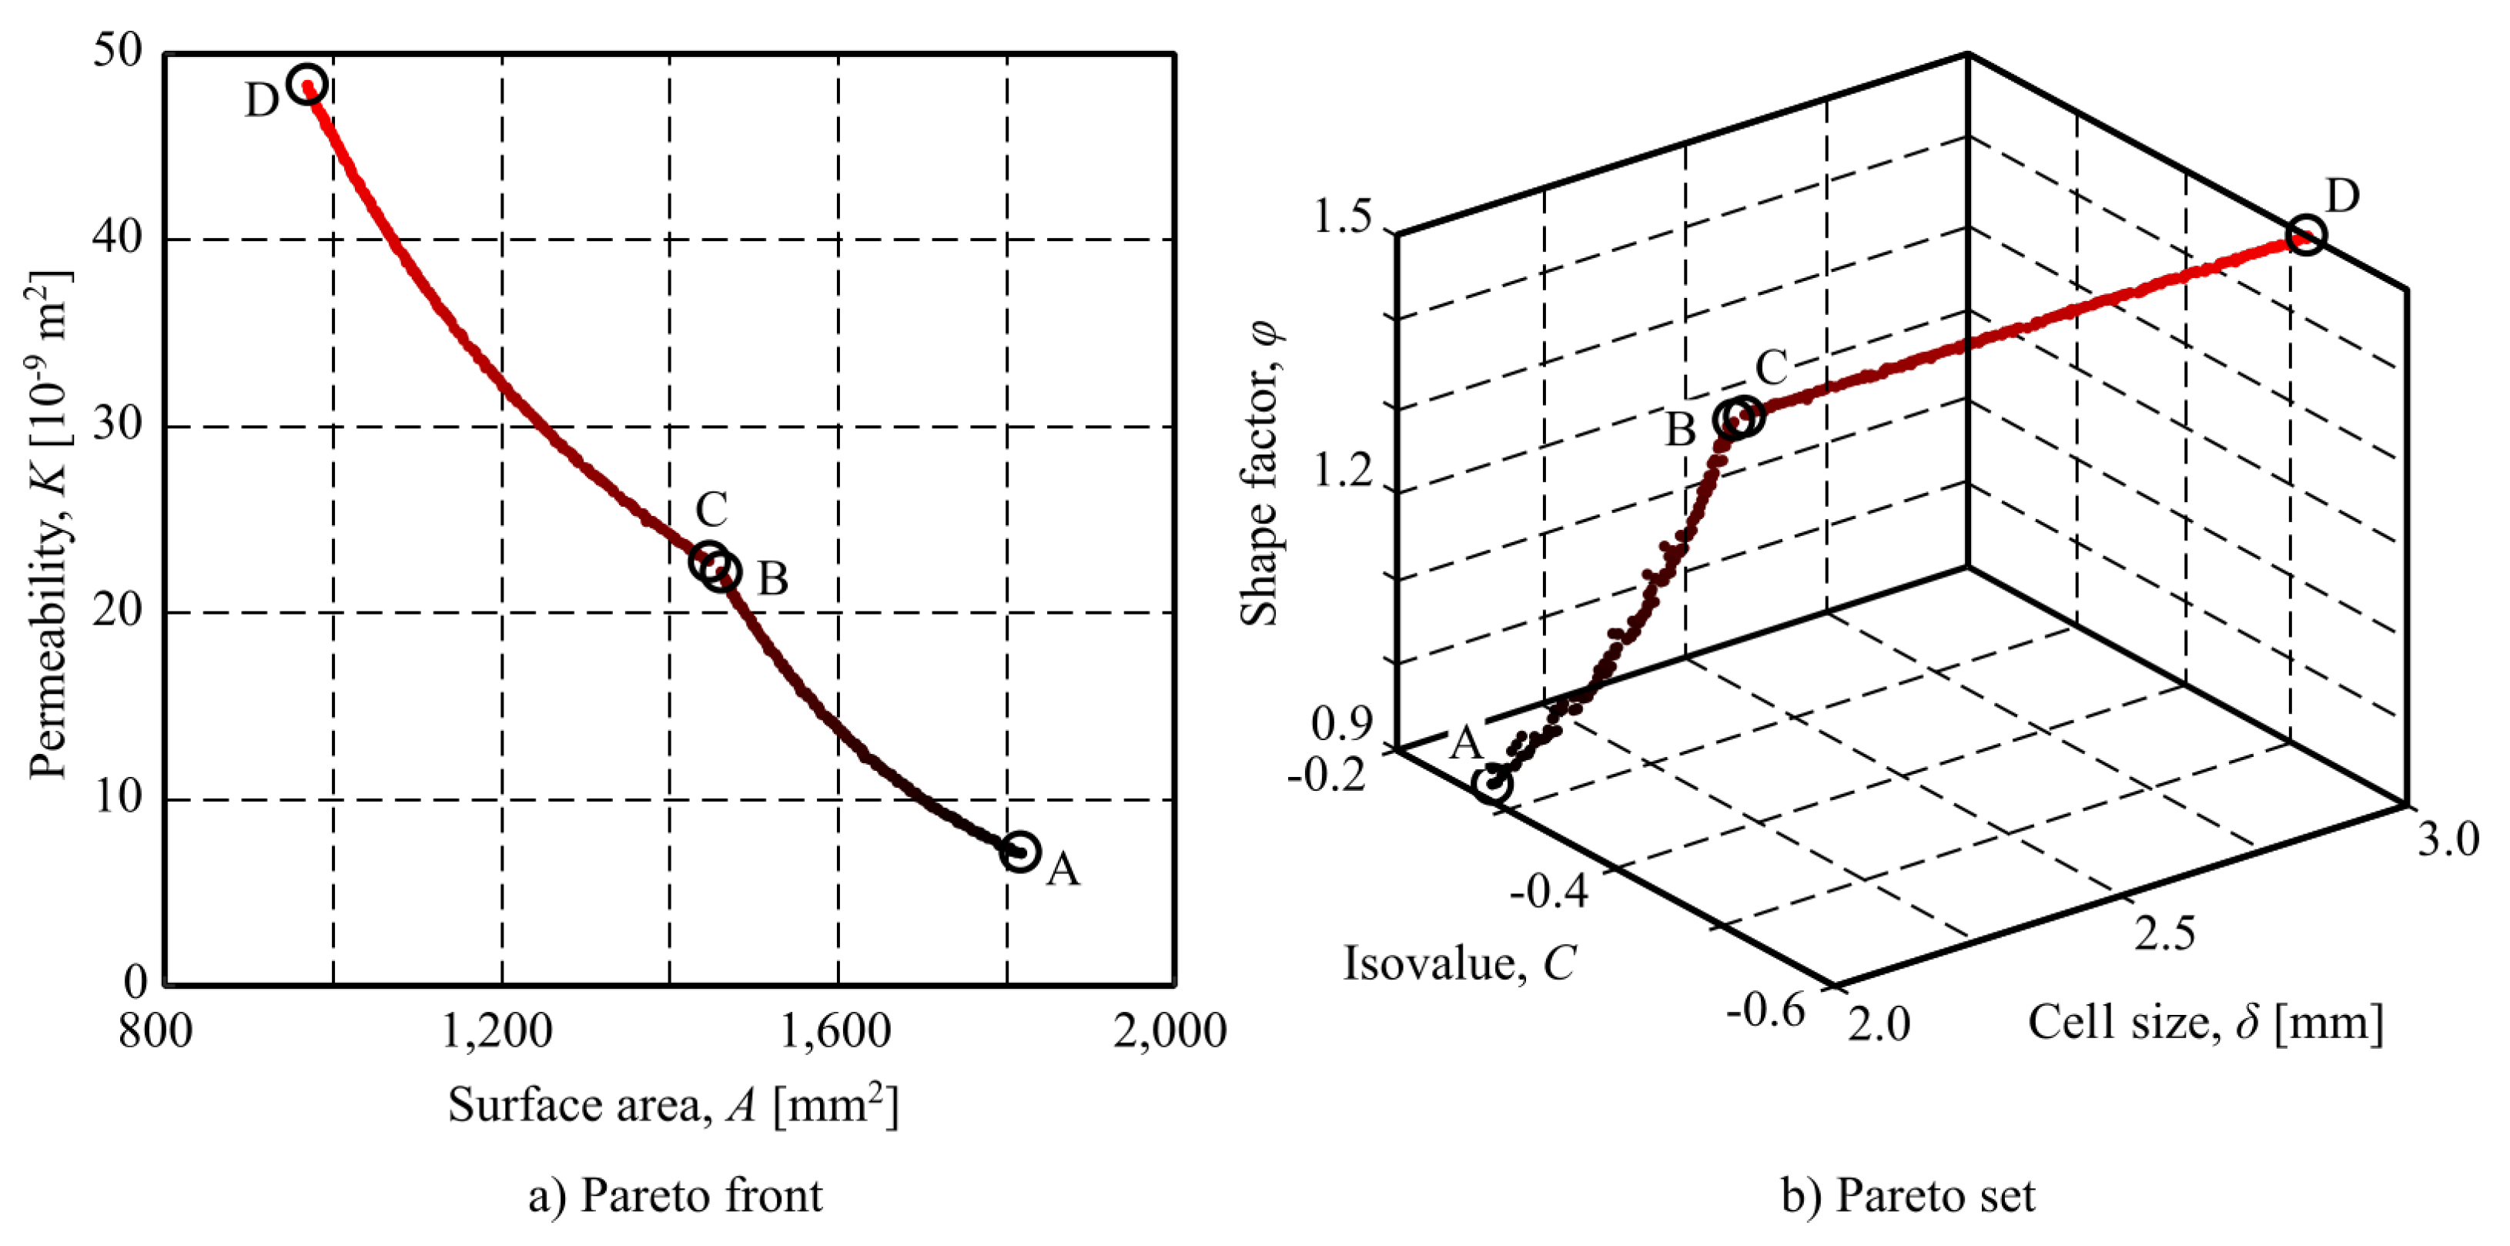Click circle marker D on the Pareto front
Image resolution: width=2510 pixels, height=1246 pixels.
coord(307,84)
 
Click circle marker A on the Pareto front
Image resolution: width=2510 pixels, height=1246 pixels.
coord(1019,852)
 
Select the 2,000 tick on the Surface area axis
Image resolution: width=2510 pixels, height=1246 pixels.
coord(1170,1030)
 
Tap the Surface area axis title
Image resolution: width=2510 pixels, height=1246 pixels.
coord(672,1105)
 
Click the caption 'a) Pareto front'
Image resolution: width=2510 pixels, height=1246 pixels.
coord(675,1195)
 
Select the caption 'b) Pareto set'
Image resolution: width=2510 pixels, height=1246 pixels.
coord(1908,1195)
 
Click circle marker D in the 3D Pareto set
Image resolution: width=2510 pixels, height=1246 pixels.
coord(2305,235)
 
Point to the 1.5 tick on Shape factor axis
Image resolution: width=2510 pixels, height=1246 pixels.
coord(1343,216)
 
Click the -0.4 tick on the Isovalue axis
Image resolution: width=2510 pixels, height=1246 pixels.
coord(1549,889)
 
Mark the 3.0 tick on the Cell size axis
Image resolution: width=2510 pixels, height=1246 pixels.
coord(2448,839)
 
